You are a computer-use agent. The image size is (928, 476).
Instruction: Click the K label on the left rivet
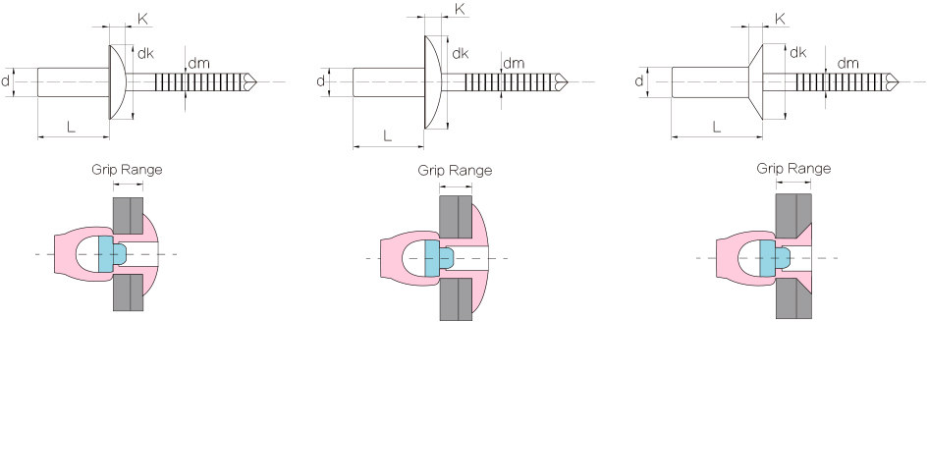(x=143, y=18)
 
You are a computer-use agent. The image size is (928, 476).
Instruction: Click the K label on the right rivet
(x=781, y=18)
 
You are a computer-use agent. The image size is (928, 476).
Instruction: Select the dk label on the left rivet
(x=145, y=53)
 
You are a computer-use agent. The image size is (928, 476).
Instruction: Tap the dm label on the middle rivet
(x=514, y=64)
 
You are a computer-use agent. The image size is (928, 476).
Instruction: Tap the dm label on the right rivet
(x=848, y=63)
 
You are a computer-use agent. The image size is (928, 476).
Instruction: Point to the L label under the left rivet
(x=71, y=127)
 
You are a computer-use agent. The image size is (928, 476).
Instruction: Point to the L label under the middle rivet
(x=387, y=136)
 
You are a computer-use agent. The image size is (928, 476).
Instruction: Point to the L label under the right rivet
(x=715, y=127)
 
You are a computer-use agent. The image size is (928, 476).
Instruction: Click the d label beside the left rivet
(x=8, y=80)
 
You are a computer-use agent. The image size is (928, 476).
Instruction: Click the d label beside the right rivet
(x=639, y=80)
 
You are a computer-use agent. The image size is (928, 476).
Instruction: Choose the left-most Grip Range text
(x=127, y=169)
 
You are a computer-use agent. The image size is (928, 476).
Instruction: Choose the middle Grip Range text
(x=455, y=170)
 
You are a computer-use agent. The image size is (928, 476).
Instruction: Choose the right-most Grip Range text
(x=793, y=168)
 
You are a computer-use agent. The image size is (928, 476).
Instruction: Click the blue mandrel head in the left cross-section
(x=108, y=253)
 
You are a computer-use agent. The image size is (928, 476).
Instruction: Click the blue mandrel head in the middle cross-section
(x=434, y=258)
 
